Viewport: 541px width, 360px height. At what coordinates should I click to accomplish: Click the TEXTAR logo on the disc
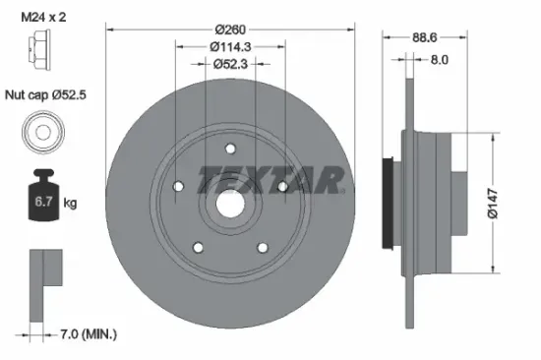coord(271,179)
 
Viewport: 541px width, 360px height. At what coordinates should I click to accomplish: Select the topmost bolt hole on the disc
coord(230,150)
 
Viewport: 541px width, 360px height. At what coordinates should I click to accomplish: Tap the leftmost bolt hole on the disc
coord(178,188)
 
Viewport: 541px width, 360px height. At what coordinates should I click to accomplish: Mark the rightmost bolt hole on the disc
coord(281,187)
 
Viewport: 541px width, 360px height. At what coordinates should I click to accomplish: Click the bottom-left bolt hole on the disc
coord(198,248)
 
